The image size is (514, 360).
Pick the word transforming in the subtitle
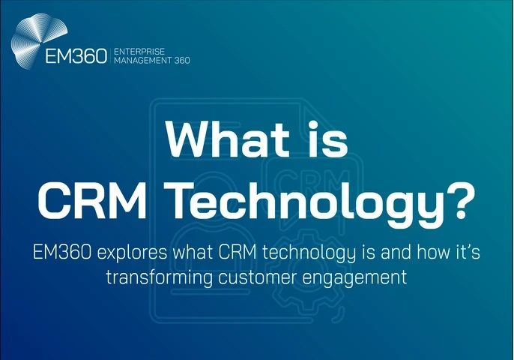(151, 277)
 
